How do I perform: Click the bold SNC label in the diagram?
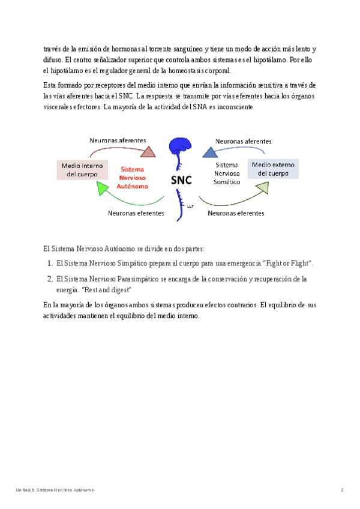point(181,180)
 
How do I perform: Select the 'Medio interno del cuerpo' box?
point(82,170)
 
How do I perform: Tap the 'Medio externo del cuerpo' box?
point(273,169)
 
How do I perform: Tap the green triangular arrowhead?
point(104,188)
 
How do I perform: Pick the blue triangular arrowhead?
point(210,151)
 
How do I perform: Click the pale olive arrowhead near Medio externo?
point(262,188)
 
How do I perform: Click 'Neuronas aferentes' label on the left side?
point(118,140)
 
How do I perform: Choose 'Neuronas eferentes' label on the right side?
point(235,212)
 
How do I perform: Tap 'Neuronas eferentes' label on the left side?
point(136,212)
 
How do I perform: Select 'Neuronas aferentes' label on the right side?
point(243,142)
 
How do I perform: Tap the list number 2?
point(50,279)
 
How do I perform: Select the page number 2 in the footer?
point(341,490)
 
